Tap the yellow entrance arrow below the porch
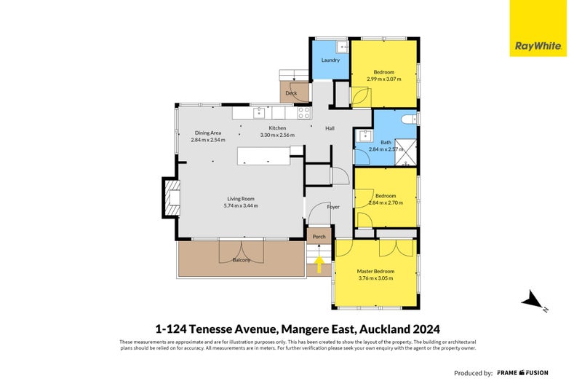click(x=319, y=264)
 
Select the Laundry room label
click(x=330, y=60)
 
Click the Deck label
click(x=291, y=93)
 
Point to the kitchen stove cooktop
click(x=304, y=113)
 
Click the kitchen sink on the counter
click(x=258, y=113)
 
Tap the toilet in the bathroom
click(x=409, y=118)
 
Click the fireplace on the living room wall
click(x=171, y=198)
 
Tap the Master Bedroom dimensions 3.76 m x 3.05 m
click(x=375, y=278)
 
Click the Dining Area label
click(x=207, y=133)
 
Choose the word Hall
click(x=330, y=129)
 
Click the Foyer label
click(x=333, y=207)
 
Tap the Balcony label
click(x=242, y=260)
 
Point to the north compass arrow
click(x=534, y=301)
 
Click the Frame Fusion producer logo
click(x=522, y=372)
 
